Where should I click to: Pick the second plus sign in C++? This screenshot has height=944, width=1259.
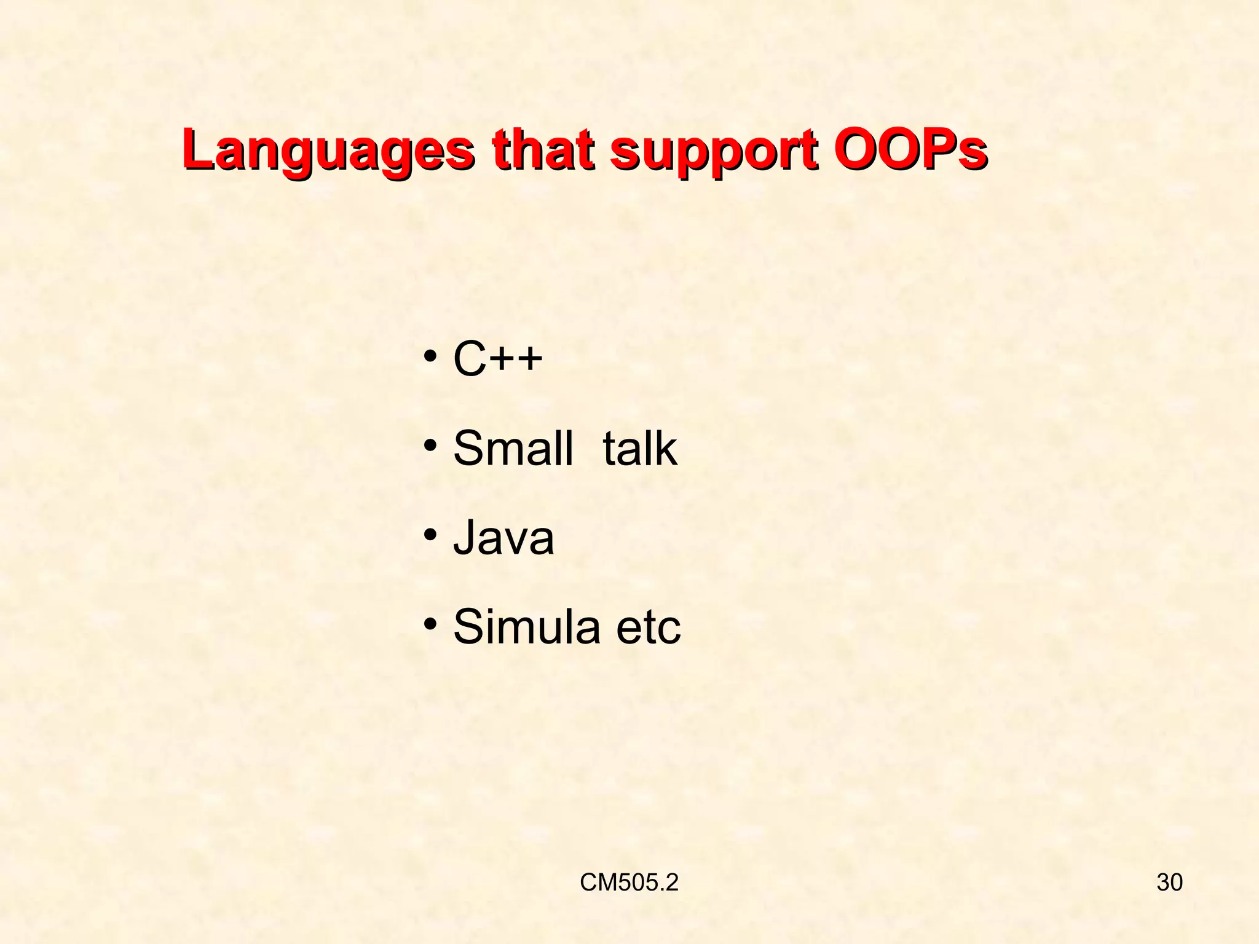pos(529,358)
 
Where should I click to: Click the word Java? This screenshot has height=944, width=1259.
pos(503,537)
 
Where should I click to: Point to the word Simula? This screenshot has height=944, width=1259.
pos(526,626)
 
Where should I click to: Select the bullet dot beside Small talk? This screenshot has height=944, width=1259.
pos(430,444)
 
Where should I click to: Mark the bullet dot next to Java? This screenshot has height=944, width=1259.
pos(430,533)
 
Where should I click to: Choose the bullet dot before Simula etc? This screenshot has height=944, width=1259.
pos(430,623)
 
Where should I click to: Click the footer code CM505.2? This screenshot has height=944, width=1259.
pos(629,883)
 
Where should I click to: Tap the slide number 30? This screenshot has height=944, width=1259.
pos(1169,883)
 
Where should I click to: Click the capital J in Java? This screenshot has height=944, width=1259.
pos(465,537)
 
